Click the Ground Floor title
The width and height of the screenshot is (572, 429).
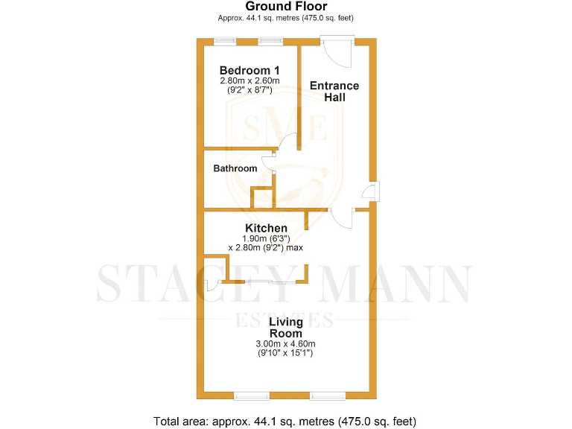tap(286, 7)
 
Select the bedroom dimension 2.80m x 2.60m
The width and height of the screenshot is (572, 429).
tap(250, 80)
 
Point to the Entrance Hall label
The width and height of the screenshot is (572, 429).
tap(334, 91)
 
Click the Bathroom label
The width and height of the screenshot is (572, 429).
tap(235, 168)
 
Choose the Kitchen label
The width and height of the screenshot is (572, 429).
tap(266, 228)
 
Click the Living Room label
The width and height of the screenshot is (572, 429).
tap(286, 328)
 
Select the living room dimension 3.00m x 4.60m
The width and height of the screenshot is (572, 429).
tap(286, 343)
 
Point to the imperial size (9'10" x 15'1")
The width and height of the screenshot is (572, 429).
tap(286, 353)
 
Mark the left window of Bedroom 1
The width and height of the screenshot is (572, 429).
tap(223, 42)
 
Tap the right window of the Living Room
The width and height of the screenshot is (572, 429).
tap(327, 393)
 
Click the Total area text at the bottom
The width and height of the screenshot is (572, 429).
tap(286, 420)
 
